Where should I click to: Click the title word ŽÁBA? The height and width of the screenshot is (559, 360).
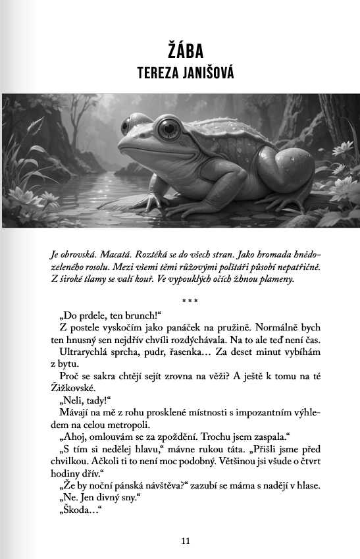184,51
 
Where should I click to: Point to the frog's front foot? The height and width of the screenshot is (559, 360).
151,201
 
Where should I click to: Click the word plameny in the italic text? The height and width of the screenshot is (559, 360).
276,279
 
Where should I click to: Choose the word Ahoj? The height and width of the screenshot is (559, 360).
78,436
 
